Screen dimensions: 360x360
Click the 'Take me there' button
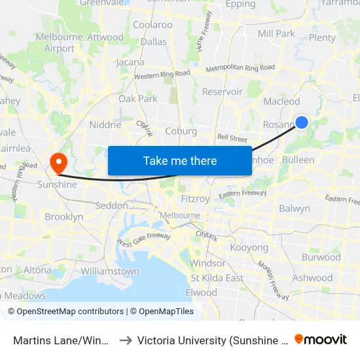pyautogui.click(x=179, y=160)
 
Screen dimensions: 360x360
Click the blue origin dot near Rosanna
pyautogui.click(x=302, y=122)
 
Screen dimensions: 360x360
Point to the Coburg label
pyautogui.click(x=181, y=131)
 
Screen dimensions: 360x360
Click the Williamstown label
pyautogui.click(x=110, y=271)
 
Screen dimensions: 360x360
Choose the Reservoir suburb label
pyautogui.click(x=222, y=92)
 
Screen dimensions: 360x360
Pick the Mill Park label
pyautogui.click(x=276, y=33)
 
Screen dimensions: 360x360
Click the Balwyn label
pyautogui.click(x=295, y=209)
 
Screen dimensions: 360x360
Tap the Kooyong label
pyautogui.click(x=249, y=248)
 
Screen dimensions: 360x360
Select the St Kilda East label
pyautogui.click(x=216, y=278)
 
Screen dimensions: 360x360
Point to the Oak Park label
pyautogui.click(x=137, y=99)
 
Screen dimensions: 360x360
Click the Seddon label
pyautogui.click(x=111, y=206)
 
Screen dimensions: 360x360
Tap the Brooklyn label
pyautogui.click(x=63, y=217)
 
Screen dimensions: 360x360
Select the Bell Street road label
pyautogui.click(x=232, y=139)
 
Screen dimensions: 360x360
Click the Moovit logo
pyautogui.click(x=321, y=339)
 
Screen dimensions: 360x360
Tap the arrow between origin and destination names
pyautogui.click(x=125, y=340)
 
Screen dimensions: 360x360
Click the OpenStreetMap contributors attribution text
pyautogui.click(x=70, y=312)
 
